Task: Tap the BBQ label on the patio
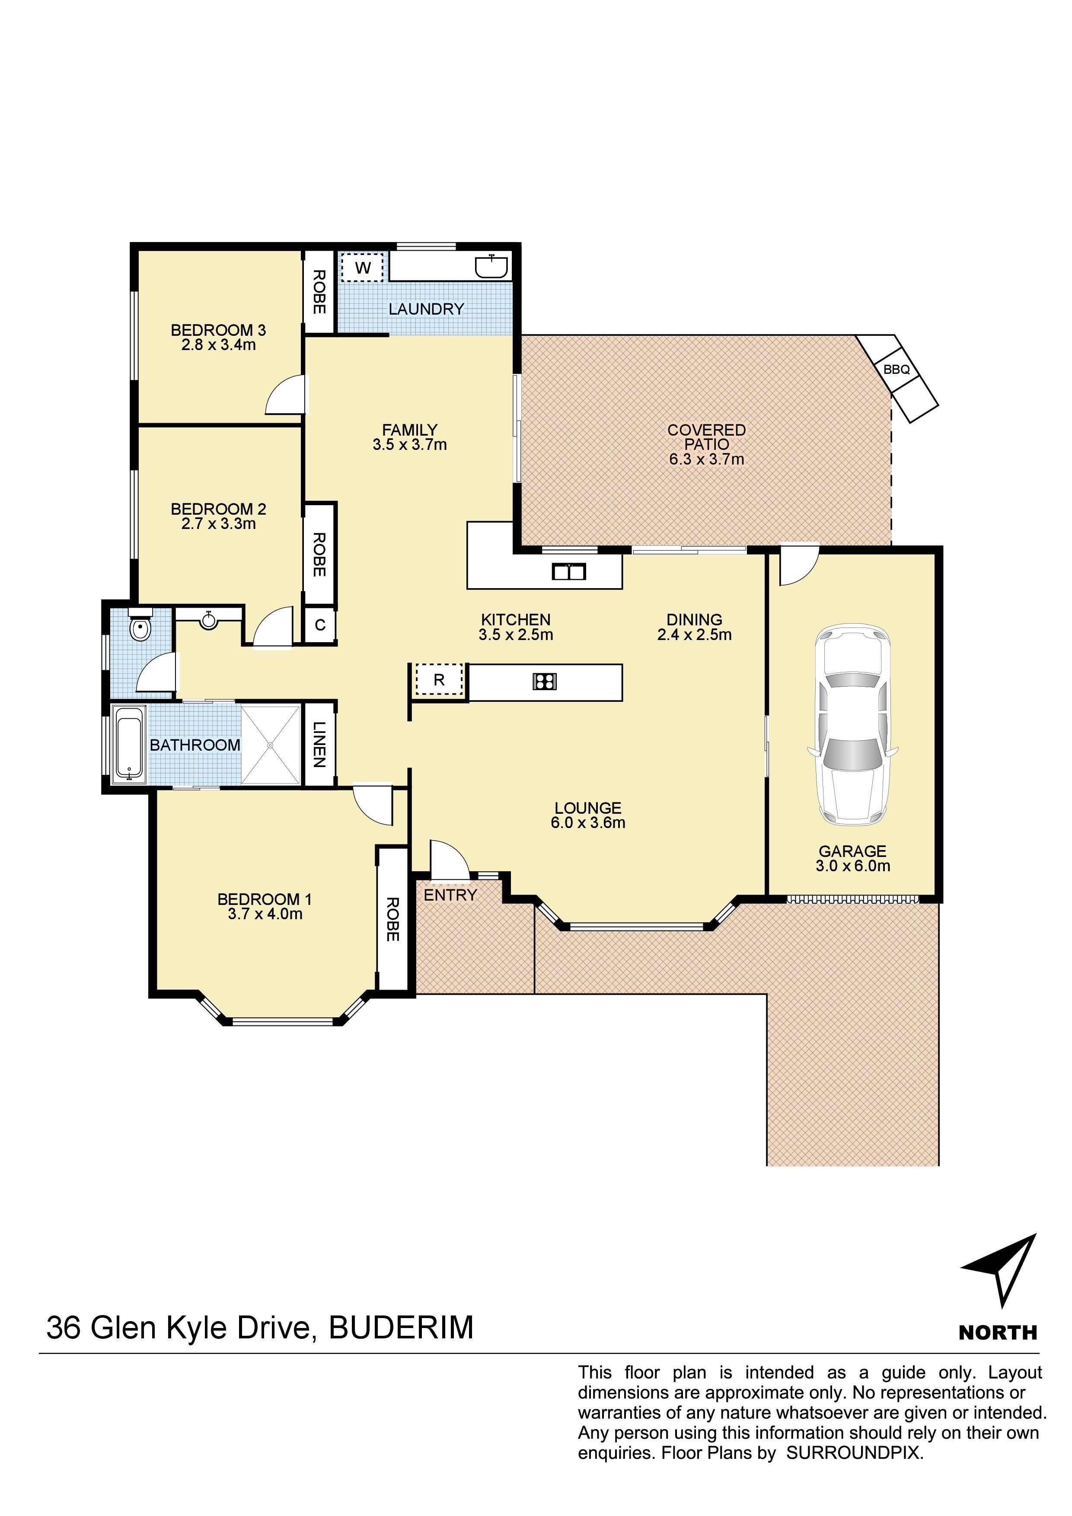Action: (x=897, y=370)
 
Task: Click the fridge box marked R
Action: (x=439, y=680)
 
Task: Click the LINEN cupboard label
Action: (x=319, y=744)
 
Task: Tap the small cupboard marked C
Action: (x=320, y=624)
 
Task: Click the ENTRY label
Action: (x=450, y=895)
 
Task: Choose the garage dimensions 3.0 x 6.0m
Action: (x=853, y=866)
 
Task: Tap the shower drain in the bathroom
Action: (x=270, y=745)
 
